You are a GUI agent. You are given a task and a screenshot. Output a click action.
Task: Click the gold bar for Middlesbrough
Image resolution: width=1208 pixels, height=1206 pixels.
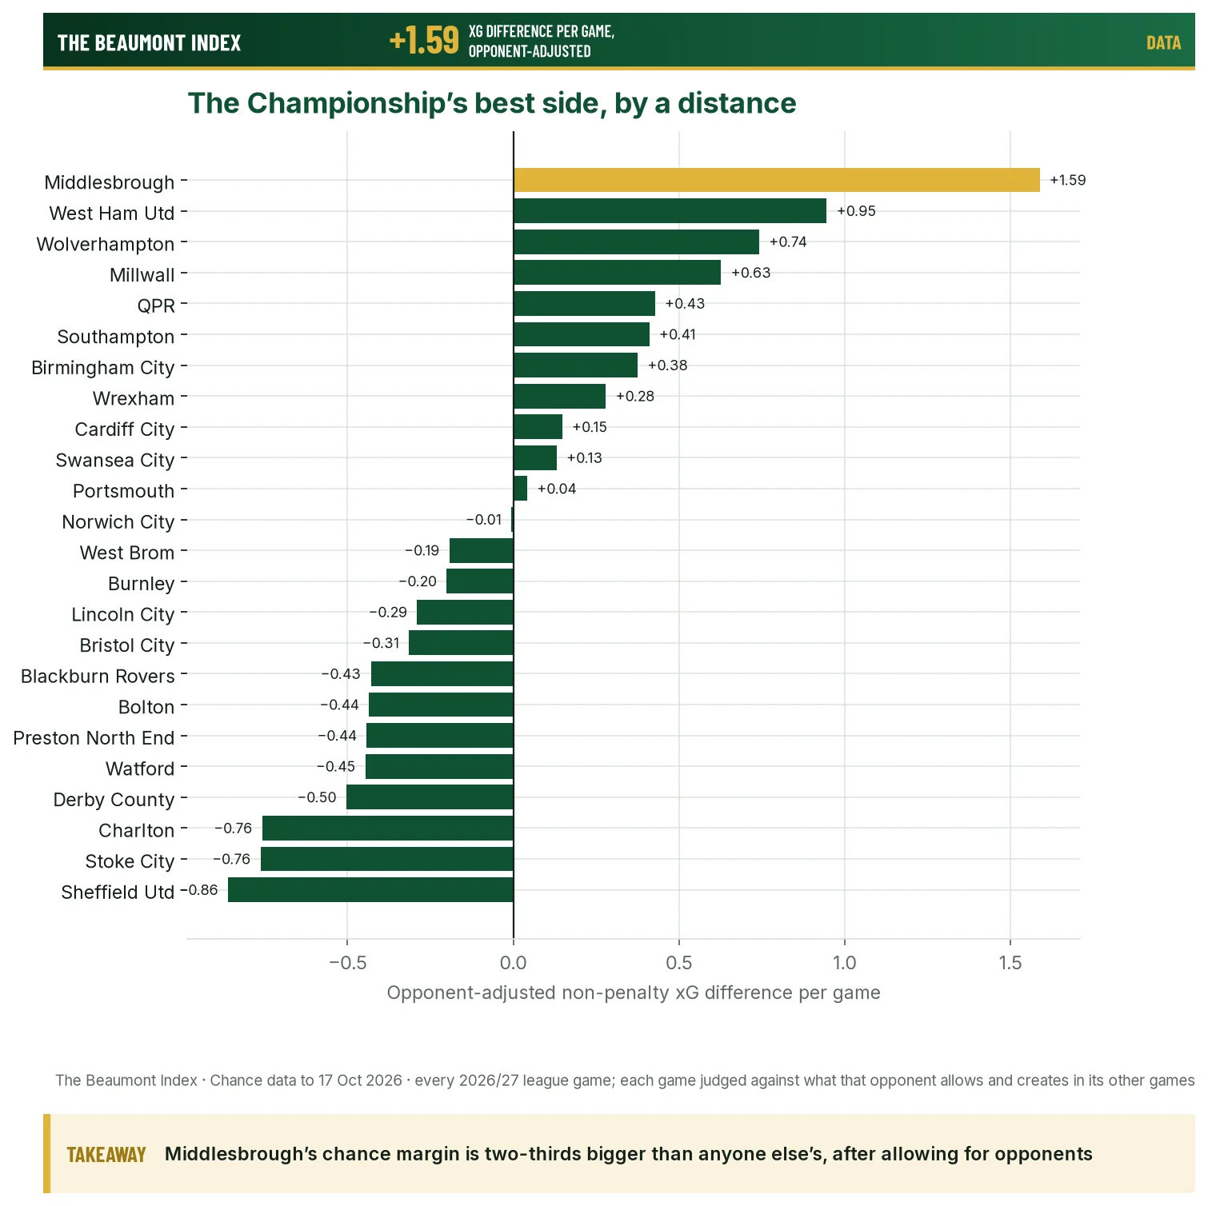tap(777, 180)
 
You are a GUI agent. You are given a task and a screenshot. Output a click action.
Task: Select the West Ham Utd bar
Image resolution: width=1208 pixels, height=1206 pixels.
tap(670, 211)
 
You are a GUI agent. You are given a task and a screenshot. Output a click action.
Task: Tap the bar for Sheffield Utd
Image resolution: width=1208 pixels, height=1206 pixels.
tap(370, 889)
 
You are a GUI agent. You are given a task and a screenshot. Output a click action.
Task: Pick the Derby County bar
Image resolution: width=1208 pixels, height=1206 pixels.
tap(430, 797)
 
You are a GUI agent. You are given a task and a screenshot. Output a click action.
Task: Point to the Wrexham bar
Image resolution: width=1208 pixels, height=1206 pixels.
tap(559, 396)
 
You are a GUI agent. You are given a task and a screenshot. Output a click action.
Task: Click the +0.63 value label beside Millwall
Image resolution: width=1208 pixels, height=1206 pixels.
tap(750, 273)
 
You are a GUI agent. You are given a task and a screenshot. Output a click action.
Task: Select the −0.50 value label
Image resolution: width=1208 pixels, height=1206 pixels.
tap(317, 797)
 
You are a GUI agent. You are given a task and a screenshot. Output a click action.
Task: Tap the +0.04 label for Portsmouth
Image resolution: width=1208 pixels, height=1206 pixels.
tap(557, 489)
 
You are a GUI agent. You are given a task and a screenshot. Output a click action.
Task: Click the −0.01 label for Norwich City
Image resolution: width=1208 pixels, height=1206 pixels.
tap(484, 520)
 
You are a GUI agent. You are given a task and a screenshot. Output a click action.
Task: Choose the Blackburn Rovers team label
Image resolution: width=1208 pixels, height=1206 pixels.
tap(98, 676)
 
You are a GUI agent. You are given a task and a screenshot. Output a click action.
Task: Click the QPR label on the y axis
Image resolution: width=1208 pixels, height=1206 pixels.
tap(156, 305)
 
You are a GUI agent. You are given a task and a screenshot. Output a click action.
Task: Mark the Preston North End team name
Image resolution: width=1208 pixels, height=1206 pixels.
tap(94, 737)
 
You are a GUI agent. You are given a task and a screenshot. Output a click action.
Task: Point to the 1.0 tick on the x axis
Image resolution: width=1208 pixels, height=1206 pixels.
tap(845, 962)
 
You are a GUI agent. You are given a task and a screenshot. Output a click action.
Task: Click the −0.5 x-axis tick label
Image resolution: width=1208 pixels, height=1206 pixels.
tap(348, 962)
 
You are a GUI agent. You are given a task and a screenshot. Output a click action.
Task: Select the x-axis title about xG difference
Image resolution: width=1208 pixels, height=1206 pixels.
tap(634, 992)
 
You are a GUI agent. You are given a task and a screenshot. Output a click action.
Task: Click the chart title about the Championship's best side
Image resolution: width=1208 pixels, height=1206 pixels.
tap(492, 103)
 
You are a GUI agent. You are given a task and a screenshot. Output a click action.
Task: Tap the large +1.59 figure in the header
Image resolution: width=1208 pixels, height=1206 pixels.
tap(424, 40)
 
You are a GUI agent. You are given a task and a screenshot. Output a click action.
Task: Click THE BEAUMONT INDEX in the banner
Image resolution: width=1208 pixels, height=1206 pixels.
tap(149, 43)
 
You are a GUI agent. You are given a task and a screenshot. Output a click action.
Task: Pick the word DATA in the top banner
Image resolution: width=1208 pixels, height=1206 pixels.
tap(1163, 43)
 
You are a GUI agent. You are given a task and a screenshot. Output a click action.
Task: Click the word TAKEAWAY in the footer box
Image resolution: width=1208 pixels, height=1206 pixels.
tap(106, 1155)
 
